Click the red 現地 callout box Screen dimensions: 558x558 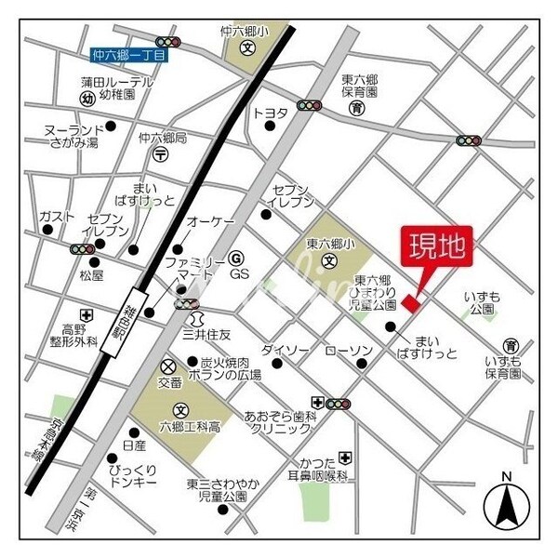tap(436, 247)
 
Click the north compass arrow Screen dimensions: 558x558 tap(506, 506)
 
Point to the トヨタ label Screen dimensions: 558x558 tap(271, 113)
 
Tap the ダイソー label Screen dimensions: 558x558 tap(285, 350)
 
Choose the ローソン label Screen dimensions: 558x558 tap(349, 351)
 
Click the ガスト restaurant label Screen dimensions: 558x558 tap(57, 217)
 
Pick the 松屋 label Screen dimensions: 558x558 tap(91, 276)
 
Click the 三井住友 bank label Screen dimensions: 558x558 tap(206, 334)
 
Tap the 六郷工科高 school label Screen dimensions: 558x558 tap(190, 427)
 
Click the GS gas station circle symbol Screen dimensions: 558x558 tap(236, 258)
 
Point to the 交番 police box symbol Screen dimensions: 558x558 tap(168, 366)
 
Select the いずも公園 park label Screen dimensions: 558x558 tap(482, 302)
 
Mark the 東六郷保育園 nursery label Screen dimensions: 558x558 tap(358, 86)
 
